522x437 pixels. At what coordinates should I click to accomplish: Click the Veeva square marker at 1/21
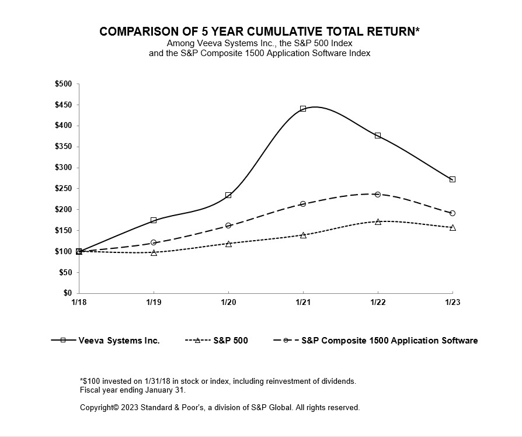pos(303,109)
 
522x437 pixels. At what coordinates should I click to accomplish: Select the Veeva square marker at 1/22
pos(378,136)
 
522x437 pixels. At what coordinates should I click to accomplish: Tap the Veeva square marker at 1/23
pos(453,179)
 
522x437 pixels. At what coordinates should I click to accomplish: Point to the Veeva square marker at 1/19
pos(154,220)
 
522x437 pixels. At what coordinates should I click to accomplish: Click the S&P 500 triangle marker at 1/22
pos(378,222)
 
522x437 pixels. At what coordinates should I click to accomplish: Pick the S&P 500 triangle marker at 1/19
pos(154,252)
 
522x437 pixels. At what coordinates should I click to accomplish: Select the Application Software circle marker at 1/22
pos(378,195)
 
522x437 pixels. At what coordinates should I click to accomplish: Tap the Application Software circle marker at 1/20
pos(228,226)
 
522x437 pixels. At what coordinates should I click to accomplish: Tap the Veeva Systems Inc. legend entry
pos(119,341)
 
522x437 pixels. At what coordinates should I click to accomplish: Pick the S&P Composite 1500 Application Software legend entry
pos(389,341)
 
